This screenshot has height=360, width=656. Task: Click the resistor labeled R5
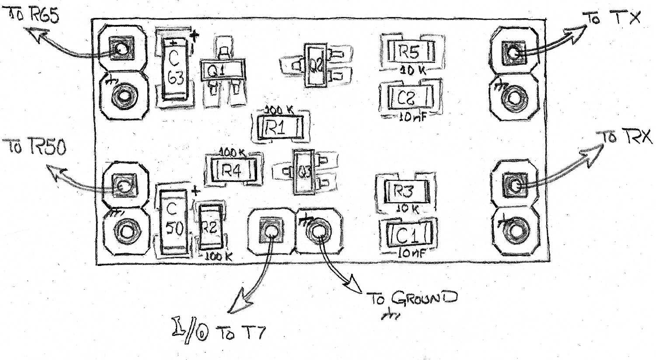coord(409,52)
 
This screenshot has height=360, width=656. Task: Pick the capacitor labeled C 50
coord(172,222)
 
